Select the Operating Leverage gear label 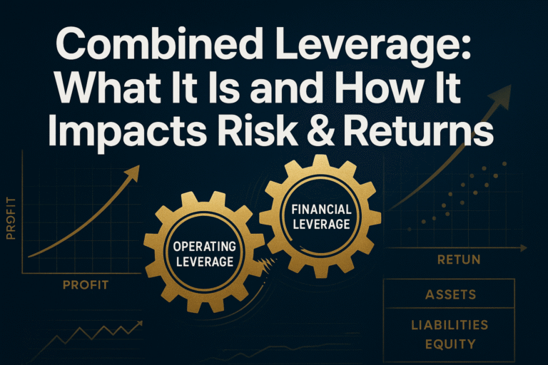[203, 254]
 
